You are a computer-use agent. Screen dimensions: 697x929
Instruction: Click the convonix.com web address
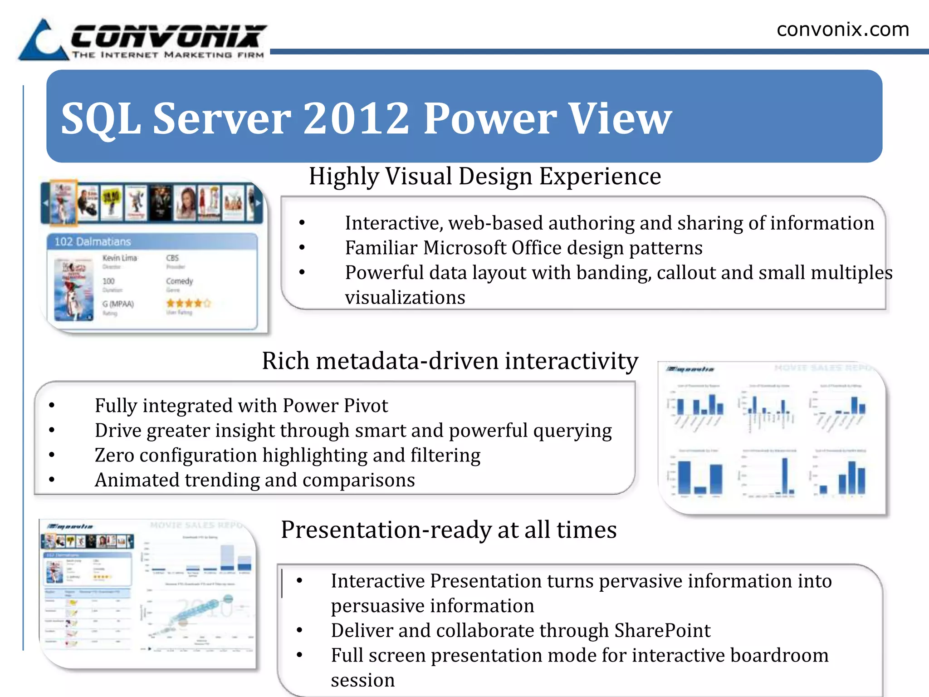click(x=842, y=29)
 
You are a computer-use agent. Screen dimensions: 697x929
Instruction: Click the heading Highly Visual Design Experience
click(x=484, y=177)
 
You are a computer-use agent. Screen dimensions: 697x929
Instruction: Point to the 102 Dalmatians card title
click(x=93, y=242)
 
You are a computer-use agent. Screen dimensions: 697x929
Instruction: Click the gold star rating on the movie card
click(x=188, y=303)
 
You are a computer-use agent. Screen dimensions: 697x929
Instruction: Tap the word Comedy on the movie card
click(x=179, y=281)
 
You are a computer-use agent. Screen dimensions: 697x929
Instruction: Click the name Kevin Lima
click(x=119, y=258)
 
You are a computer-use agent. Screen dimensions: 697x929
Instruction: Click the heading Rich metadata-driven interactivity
click(x=450, y=361)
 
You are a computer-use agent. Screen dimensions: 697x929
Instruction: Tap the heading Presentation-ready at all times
click(x=448, y=530)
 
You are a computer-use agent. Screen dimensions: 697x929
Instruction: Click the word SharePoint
click(x=662, y=631)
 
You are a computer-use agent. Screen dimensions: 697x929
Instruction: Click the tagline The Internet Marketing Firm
click(x=168, y=55)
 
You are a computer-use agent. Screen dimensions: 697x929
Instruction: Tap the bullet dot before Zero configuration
click(x=52, y=455)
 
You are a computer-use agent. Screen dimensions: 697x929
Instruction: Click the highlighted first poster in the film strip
click(x=63, y=202)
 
